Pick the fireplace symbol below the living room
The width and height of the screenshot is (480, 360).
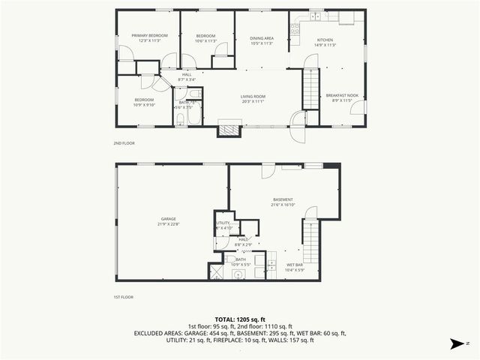coord(229,129)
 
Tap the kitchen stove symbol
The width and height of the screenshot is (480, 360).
coord(295,31)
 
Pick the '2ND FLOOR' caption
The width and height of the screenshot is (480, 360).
coord(124,142)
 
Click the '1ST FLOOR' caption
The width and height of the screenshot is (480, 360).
coord(124,298)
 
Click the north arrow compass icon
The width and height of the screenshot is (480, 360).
coord(455,345)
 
